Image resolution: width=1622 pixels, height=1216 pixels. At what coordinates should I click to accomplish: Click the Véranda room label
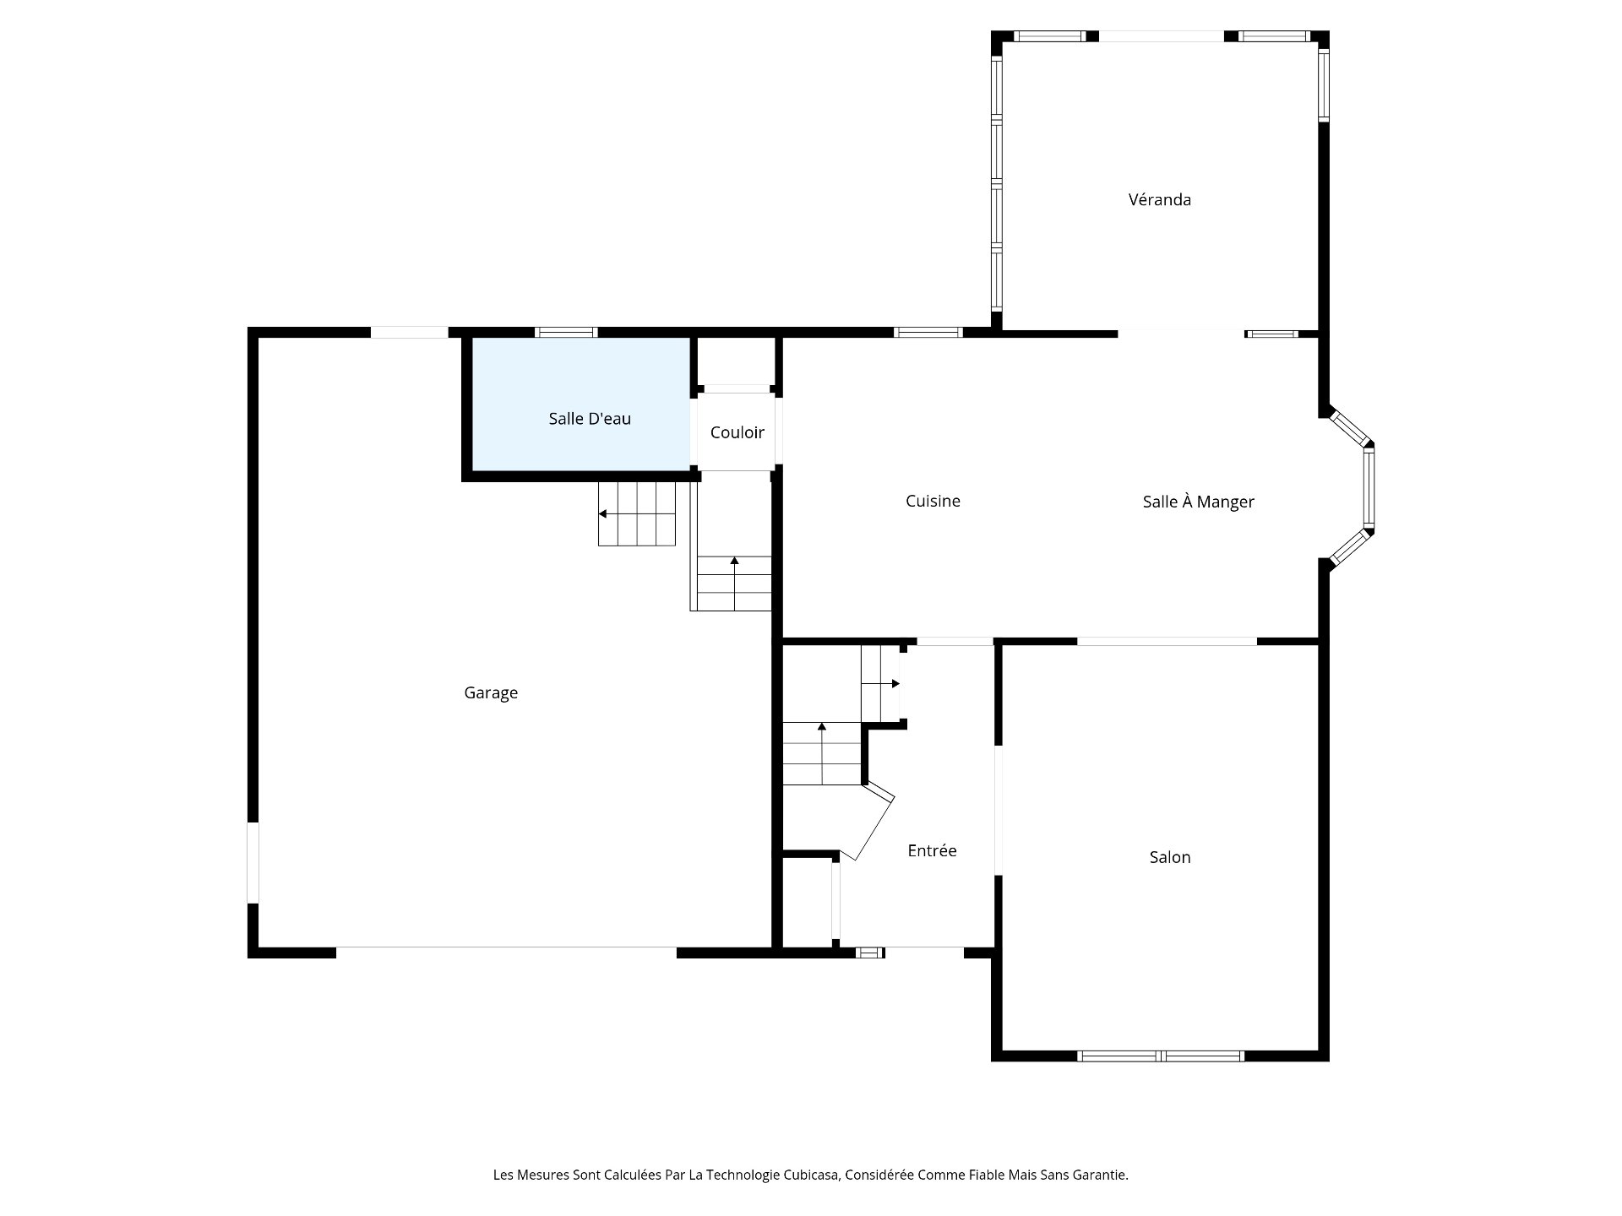pos(1159,200)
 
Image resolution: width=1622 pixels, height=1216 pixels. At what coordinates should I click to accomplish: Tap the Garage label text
pos(491,693)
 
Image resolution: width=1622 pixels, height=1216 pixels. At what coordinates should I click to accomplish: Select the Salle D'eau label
pos(590,419)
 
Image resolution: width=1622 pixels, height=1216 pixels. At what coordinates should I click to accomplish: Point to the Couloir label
pos(737,433)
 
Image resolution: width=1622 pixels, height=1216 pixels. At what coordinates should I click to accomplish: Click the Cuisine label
pos(933,502)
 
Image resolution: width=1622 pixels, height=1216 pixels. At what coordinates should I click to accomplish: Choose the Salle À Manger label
pos(1198,502)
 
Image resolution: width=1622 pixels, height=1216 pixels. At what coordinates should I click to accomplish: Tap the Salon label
pos(1170,858)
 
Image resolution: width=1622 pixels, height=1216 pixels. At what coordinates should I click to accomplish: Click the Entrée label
pos(932,851)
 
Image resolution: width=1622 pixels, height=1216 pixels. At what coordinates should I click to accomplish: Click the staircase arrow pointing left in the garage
pos(603,513)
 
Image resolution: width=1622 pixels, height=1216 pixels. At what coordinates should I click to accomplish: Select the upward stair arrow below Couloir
pos(734,562)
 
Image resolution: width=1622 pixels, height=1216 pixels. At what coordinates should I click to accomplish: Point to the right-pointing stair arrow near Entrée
pos(894,683)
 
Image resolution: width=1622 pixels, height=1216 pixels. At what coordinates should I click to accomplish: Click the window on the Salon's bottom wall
pos(1161,1056)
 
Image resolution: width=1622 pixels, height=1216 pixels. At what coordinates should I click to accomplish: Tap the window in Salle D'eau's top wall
pos(567,333)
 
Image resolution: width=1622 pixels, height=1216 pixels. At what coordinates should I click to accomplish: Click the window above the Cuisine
pos(928,333)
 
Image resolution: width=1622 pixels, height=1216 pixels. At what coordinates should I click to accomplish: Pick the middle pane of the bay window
pos(1369,489)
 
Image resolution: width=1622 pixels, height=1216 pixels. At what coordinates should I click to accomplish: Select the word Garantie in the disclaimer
pos(1097,1175)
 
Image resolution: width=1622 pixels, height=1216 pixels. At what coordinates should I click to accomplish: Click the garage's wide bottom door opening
pos(506,953)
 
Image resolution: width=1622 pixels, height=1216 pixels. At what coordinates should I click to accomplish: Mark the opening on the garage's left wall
pos(253,863)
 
